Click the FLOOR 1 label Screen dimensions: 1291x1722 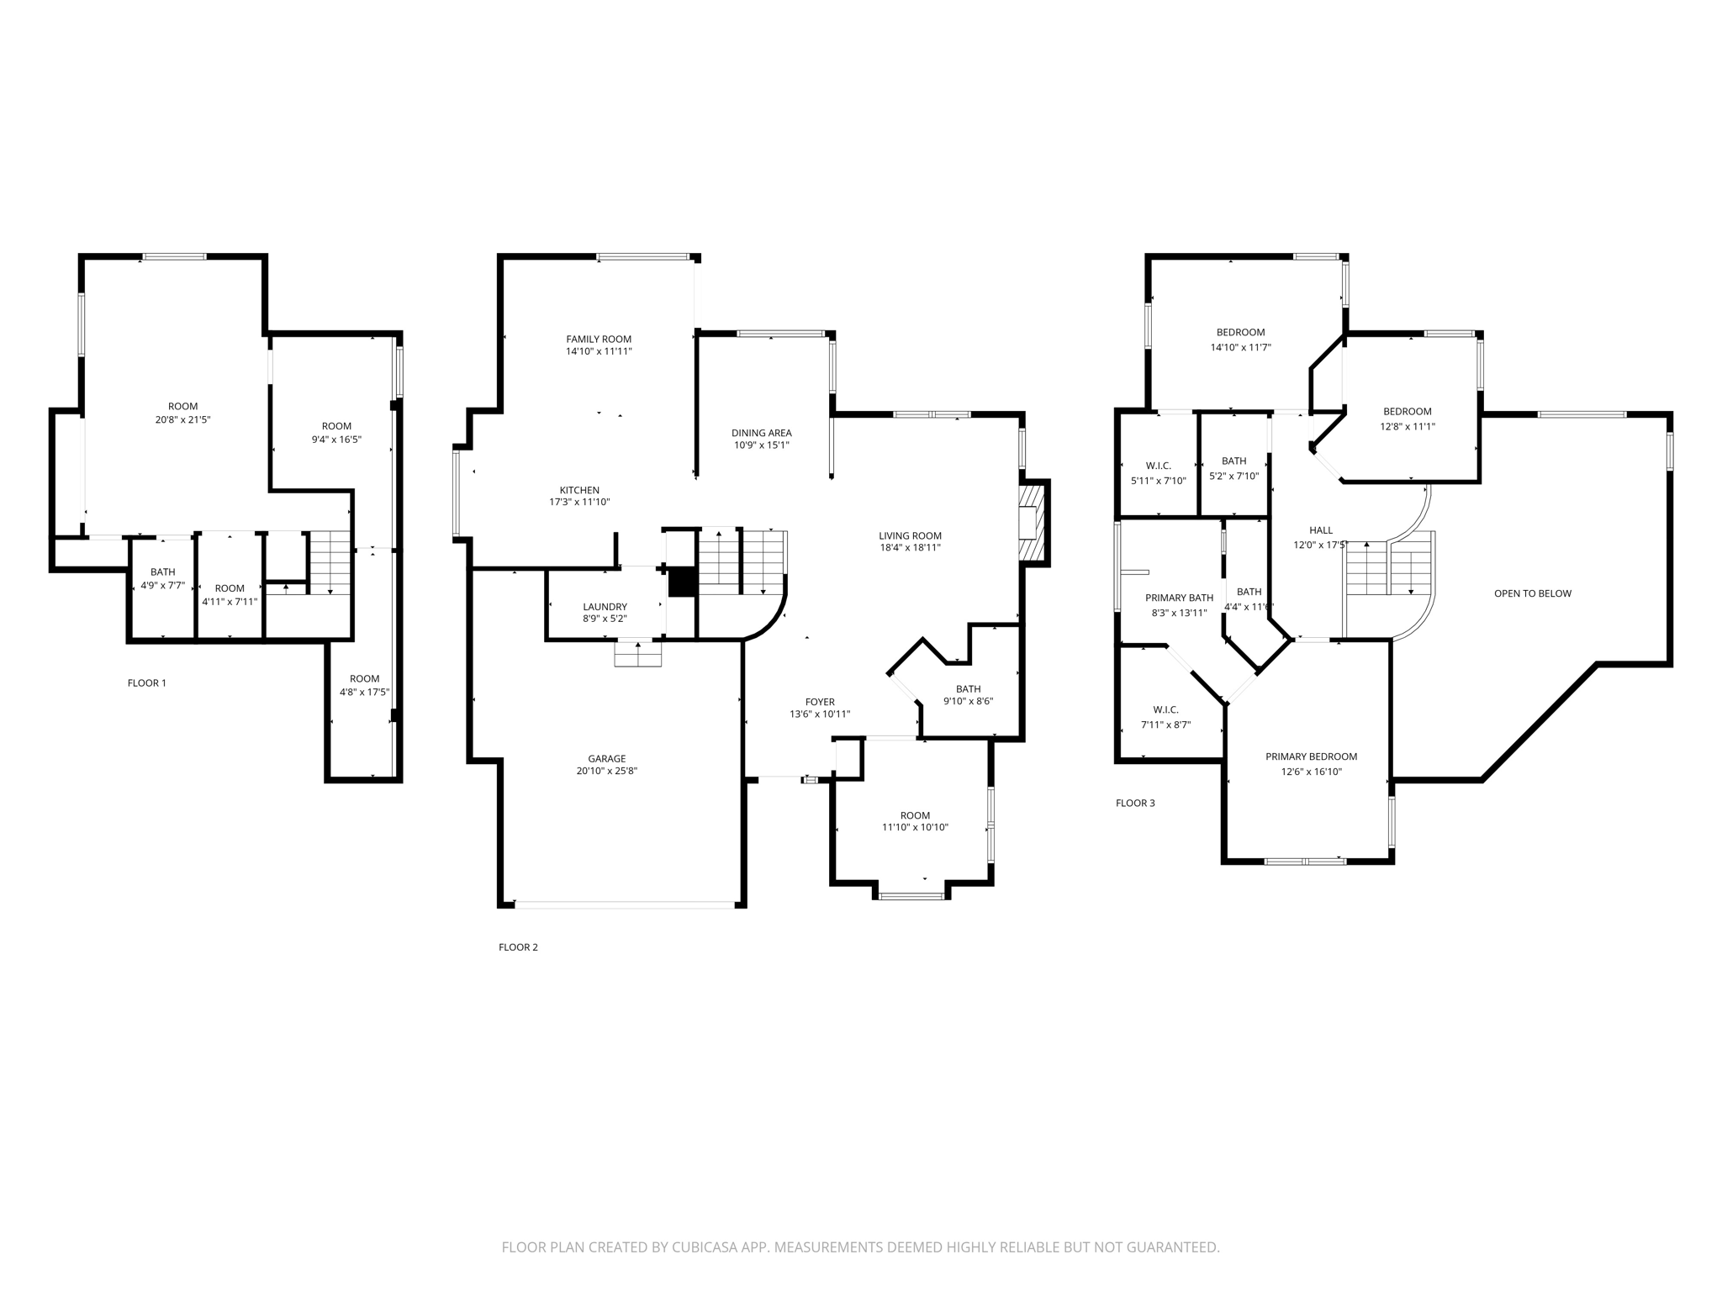tap(146, 682)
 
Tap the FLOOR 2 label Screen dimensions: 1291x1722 tap(518, 947)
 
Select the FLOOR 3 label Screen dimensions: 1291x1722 tap(1135, 803)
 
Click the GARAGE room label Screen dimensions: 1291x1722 tap(606, 759)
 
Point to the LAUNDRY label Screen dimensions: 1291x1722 tap(605, 607)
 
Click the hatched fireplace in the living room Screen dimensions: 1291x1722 tap(1033, 524)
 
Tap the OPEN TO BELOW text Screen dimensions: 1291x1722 tap(1532, 593)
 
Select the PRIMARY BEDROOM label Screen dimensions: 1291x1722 tap(1311, 756)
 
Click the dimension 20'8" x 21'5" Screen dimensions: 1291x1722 tap(182, 419)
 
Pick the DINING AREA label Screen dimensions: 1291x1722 tap(761, 434)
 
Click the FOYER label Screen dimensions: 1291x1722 tap(820, 702)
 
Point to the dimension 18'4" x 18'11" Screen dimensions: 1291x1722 tap(910, 547)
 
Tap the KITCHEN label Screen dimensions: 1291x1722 tap(579, 490)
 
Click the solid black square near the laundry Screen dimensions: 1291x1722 tap(682, 582)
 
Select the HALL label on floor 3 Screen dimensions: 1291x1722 tap(1320, 530)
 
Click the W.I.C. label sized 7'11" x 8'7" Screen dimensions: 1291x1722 tap(1165, 710)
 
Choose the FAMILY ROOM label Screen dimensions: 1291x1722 tap(598, 340)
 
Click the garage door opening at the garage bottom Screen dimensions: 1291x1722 tap(624, 905)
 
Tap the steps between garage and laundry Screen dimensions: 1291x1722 tap(638, 654)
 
